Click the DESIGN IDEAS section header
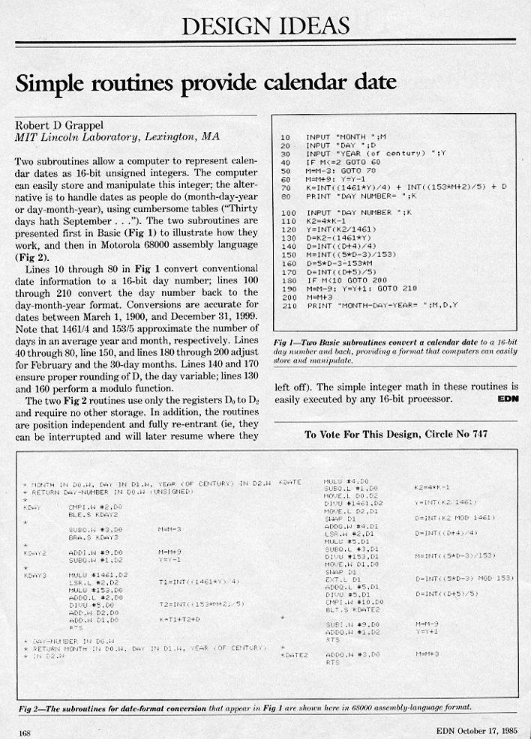265,27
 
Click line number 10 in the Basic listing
285,137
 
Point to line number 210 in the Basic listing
287,306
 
